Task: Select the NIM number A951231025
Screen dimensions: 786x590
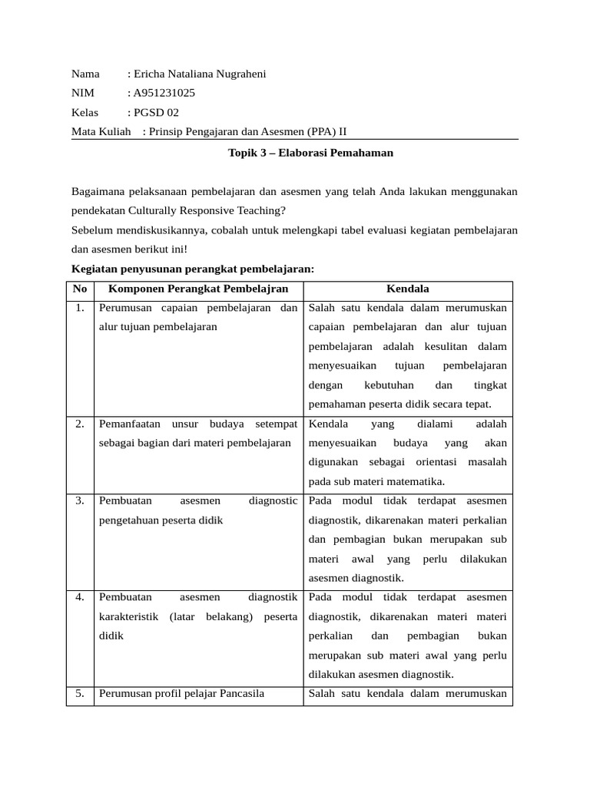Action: tap(164, 93)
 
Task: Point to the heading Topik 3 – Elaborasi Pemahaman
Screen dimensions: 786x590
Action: tap(310, 153)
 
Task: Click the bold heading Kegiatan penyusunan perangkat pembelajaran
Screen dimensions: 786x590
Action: tap(193, 269)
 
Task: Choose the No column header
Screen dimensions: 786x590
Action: tap(80, 289)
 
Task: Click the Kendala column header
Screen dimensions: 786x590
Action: tap(407, 289)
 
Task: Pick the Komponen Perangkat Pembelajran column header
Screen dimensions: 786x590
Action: tap(198, 289)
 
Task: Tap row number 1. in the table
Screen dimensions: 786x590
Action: tap(80, 309)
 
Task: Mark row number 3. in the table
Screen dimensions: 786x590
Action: tap(80, 501)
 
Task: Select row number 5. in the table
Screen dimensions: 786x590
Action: tap(80, 694)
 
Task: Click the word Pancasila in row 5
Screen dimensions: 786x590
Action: tap(241, 694)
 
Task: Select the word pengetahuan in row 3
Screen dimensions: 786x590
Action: tap(129, 520)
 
